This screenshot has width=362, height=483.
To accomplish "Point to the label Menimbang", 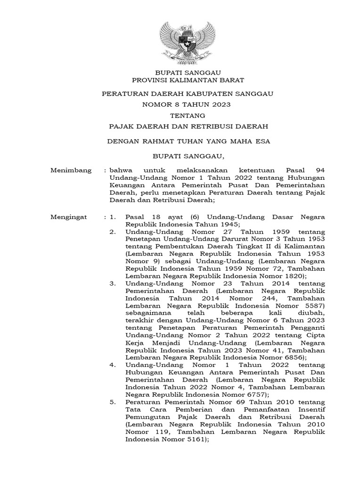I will tap(71, 170).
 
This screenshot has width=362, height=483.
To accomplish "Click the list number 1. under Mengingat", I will tap(112, 217).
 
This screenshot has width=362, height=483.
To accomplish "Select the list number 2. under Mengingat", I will tap(112, 232).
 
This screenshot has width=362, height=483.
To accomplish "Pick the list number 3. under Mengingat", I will tap(112, 284).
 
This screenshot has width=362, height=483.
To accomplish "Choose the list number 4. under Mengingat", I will tap(112, 365).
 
